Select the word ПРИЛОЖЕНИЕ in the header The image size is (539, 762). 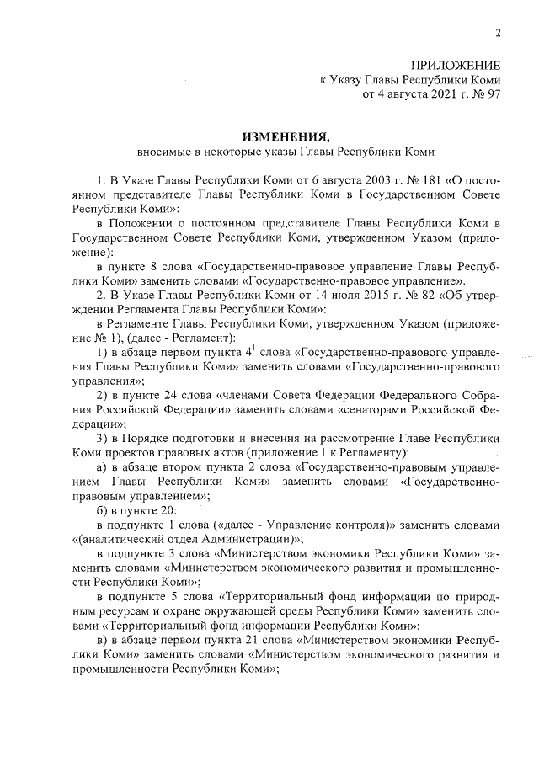pyautogui.click(x=456, y=66)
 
